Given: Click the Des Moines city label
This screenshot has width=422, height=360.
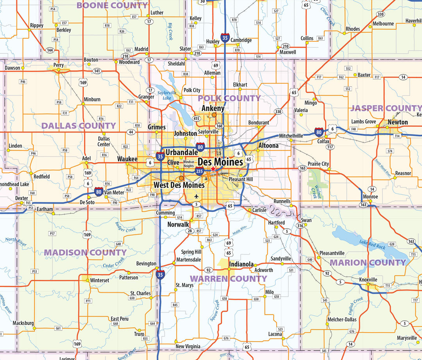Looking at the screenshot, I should pyautogui.click(x=220, y=161).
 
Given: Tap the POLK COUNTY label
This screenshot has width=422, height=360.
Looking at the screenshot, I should pyautogui.click(x=229, y=98).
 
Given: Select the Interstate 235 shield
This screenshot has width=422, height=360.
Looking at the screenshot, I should pyautogui.click(x=200, y=170).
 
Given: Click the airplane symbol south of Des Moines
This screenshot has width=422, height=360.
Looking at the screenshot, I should pyautogui.click(x=196, y=196).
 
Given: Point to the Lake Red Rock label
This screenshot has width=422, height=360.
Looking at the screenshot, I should pyautogui.click(x=372, y=245).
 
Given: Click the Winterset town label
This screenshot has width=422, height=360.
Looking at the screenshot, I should pyautogui.click(x=100, y=280).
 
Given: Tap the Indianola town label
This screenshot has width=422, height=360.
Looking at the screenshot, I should pyautogui.click(x=241, y=264).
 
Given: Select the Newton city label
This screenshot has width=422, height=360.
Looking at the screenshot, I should pyautogui.click(x=398, y=122).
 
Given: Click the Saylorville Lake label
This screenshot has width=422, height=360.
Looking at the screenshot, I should pyautogui.click(x=167, y=95).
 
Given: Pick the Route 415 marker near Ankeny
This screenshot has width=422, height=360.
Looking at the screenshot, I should pyautogui.click(x=196, y=118).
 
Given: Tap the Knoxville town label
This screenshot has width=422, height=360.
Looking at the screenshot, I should pyautogui.click(x=368, y=279).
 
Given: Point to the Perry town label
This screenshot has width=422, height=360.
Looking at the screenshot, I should pyautogui.click(x=59, y=65).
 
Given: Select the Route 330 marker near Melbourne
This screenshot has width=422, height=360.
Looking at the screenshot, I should pyautogui.click(x=380, y=14).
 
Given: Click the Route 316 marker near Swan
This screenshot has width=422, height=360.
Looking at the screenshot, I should pyautogui.click(x=300, y=226).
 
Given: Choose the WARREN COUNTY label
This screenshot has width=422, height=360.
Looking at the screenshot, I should pyautogui.click(x=229, y=279).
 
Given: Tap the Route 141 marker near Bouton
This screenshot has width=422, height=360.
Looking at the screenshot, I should pyautogui.click(x=97, y=71).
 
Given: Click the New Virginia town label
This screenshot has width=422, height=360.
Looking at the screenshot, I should pyautogui.click(x=188, y=346).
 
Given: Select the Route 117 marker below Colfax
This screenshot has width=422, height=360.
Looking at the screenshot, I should pyautogui.click(x=331, y=147).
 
